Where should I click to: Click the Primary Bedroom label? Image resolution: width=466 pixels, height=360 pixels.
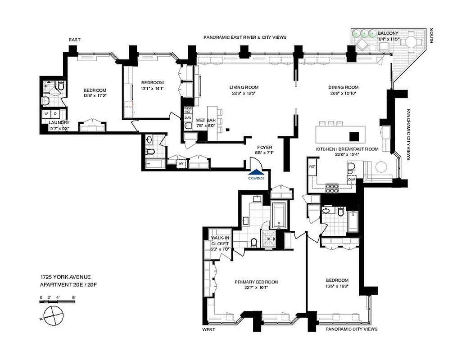click(x=256, y=282)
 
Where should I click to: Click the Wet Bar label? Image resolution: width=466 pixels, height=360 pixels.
click(x=205, y=120)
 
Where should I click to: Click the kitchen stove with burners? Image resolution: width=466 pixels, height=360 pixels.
click(x=332, y=188)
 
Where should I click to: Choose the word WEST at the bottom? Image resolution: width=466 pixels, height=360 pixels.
click(x=208, y=329)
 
